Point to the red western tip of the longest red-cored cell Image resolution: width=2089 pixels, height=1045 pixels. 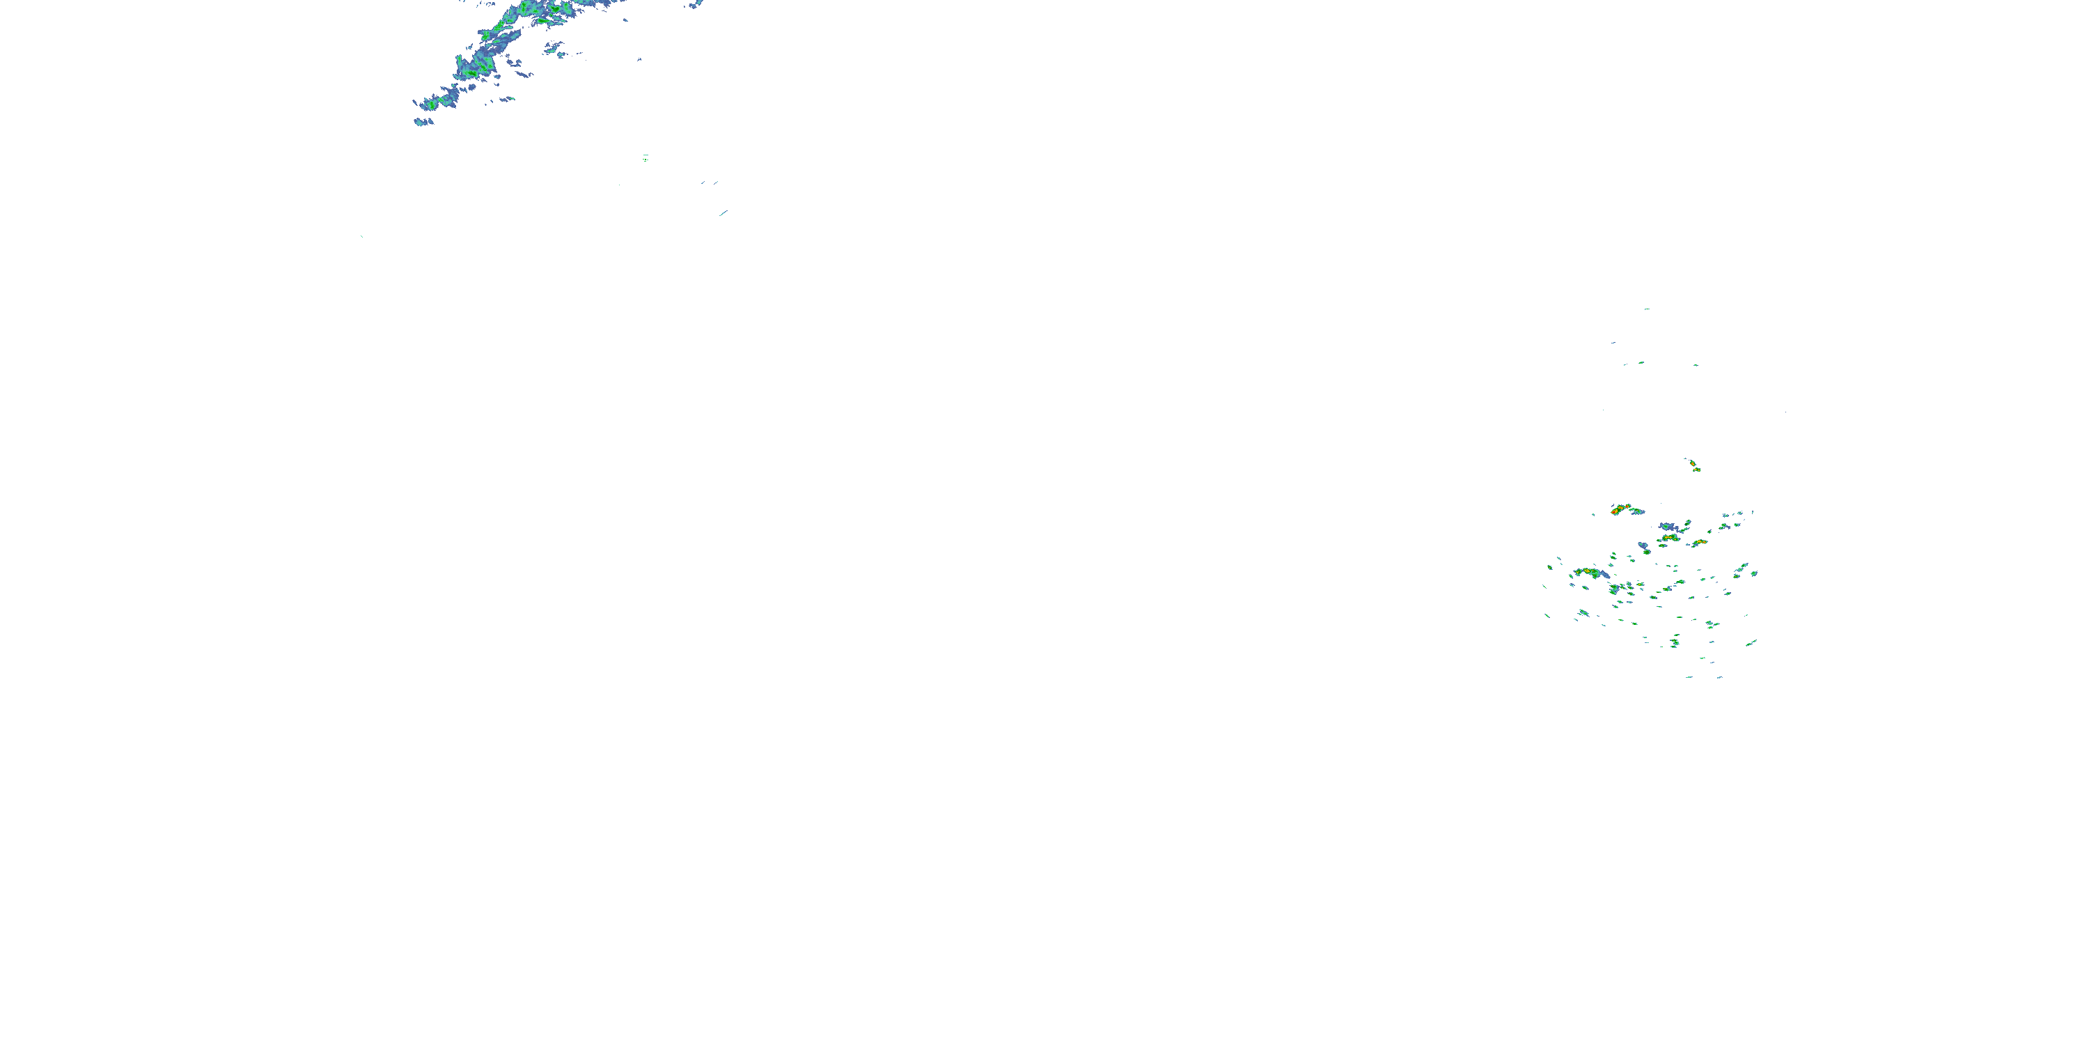(1615, 513)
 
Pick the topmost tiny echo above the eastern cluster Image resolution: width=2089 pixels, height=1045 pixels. (1646, 309)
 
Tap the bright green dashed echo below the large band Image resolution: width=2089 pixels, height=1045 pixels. (646, 157)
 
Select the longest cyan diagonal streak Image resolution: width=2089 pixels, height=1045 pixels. (723, 213)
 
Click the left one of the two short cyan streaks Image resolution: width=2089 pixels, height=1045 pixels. (704, 183)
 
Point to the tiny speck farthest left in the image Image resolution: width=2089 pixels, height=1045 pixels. (361, 237)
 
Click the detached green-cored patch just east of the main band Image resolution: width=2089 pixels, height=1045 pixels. (513, 62)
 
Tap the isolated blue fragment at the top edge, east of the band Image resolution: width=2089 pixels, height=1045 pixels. (695, 4)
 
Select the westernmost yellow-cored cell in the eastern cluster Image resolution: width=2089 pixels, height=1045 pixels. (1586, 573)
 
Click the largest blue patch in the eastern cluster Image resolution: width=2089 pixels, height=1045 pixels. (1668, 527)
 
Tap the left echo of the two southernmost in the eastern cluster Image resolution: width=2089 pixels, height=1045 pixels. (1689, 676)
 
